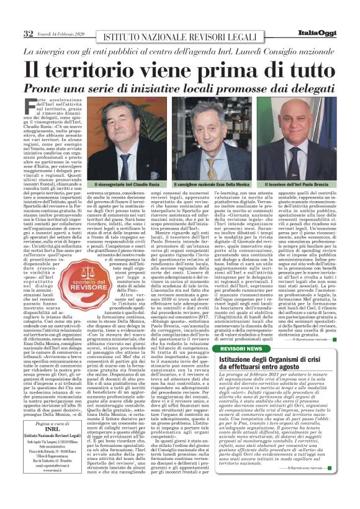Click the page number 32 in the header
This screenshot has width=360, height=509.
pos(28,33)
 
